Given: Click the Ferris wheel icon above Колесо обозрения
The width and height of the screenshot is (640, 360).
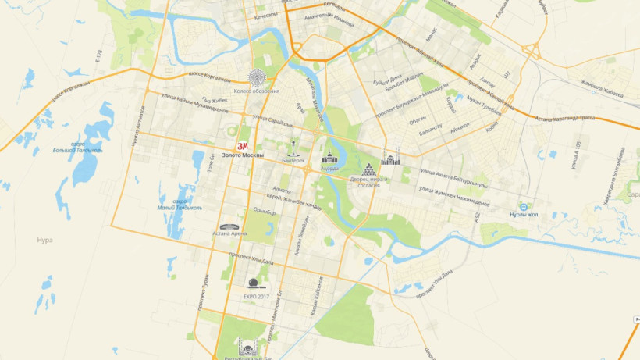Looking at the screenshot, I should coord(255,77).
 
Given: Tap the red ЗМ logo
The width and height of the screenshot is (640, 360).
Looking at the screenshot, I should coord(242,145).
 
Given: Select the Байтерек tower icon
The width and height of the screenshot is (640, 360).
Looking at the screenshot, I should coord(293,145).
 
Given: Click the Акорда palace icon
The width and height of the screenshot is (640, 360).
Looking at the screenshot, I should coord(329,155).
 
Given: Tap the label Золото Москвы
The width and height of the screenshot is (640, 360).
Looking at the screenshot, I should coord(243,156).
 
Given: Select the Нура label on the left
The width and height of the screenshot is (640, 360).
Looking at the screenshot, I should coord(44,240).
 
